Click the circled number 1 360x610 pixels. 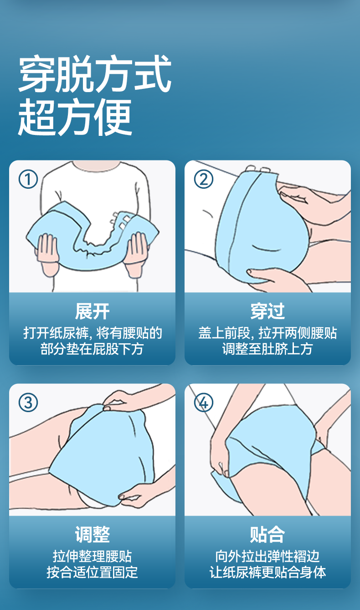tap(28, 179)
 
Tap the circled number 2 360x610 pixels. tap(204, 179)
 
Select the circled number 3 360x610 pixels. tap(28, 403)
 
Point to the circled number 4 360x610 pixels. tap(204, 403)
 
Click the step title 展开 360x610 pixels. tap(92, 311)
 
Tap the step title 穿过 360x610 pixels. tap(267, 311)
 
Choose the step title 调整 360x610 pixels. tap(92, 534)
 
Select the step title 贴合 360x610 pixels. tap(267, 534)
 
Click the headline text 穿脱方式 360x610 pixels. tap(95, 73)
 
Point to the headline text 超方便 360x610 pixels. tap(75, 117)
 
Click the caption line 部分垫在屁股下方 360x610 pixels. tap(92, 349)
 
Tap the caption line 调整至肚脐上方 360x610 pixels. tap(267, 349)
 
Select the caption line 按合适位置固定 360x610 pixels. tap(92, 572)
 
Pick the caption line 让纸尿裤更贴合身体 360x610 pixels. tap(267, 572)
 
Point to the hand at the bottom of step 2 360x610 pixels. tap(278, 280)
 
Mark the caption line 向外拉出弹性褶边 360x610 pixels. tap(267, 556)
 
